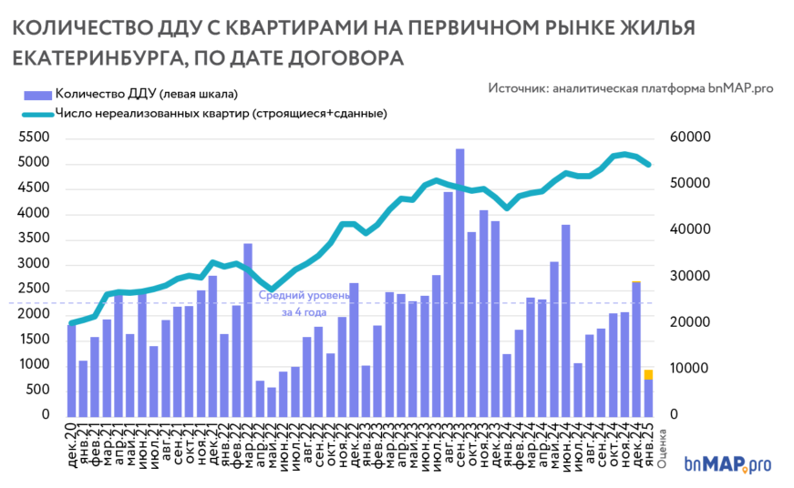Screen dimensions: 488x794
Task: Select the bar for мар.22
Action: tap(247, 329)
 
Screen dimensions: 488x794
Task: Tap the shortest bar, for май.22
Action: tap(271, 402)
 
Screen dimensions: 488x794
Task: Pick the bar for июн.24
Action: tap(566, 320)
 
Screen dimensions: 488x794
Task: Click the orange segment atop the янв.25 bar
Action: tap(649, 374)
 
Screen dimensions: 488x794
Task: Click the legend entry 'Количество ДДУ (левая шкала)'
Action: tap(146, 94)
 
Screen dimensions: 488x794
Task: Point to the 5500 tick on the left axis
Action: tap(36, 137)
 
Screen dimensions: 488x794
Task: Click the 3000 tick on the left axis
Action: tap(36, 264)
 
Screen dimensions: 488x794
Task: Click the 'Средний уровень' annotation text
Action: tap(303, 296)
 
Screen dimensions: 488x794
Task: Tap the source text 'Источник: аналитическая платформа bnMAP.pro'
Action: tap(630, 88)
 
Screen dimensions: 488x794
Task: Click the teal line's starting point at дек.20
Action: tap(72, 322)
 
